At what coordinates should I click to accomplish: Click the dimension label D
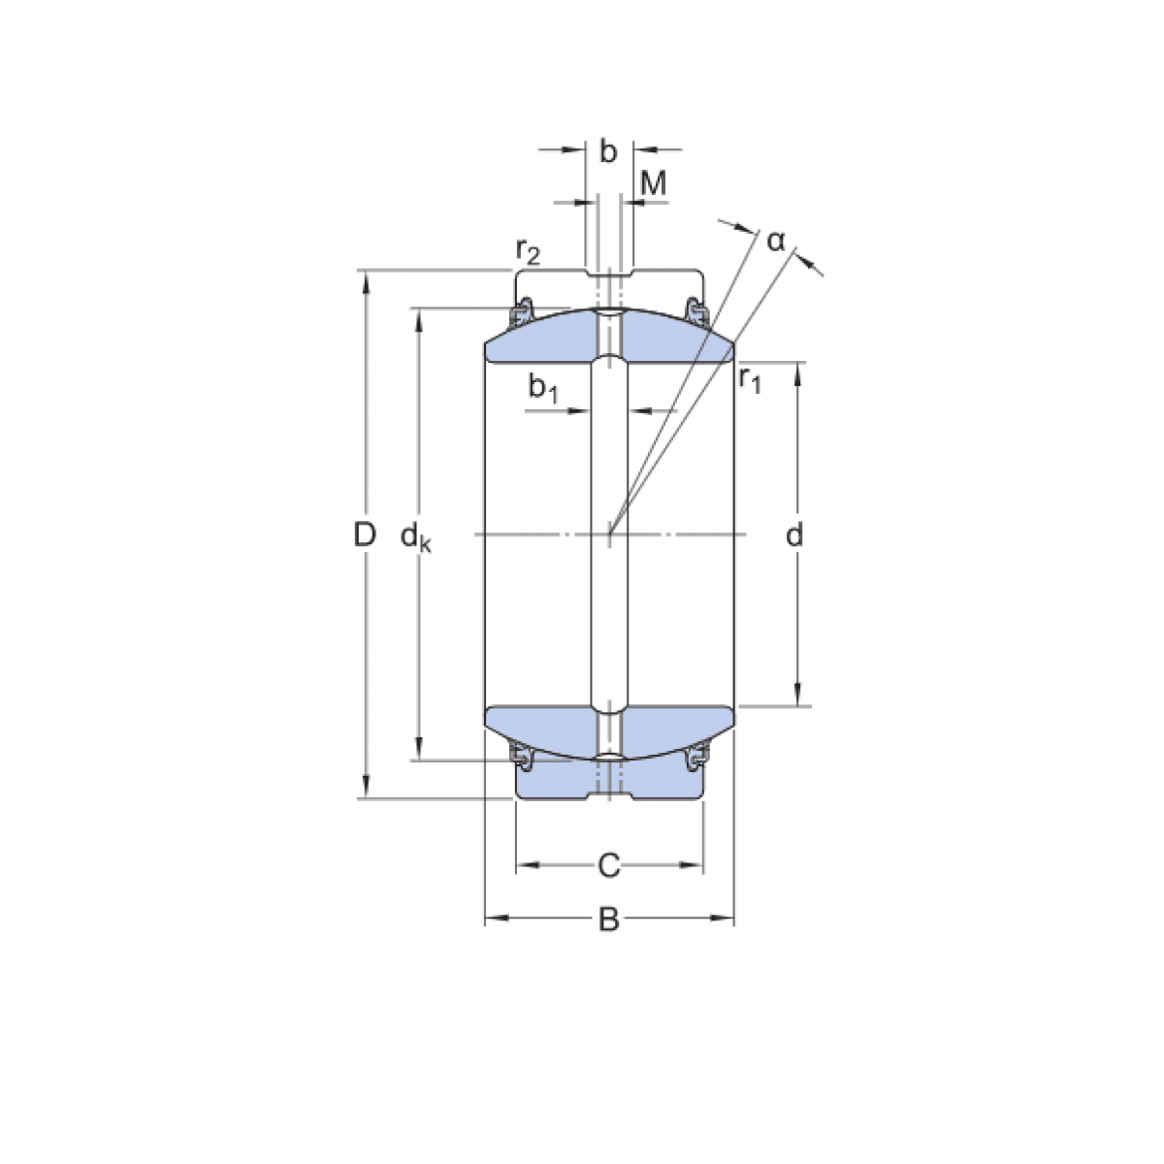[364, 533]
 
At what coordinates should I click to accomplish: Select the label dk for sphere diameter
[416, 535]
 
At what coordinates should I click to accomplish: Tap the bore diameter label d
[794, 534]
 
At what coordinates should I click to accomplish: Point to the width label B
[608, 920]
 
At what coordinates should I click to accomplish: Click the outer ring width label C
[608, 864]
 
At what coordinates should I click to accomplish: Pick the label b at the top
[608, 151]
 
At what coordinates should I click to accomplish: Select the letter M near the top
[655, 182]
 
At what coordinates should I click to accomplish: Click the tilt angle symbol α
[775, 241]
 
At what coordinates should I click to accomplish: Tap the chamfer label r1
[750, 378]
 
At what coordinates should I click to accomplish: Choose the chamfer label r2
[528, 252]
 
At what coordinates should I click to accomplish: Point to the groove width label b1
[543, 388]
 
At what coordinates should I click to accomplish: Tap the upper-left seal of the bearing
[522, 311]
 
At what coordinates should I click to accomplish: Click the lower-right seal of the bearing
[695, 760]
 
